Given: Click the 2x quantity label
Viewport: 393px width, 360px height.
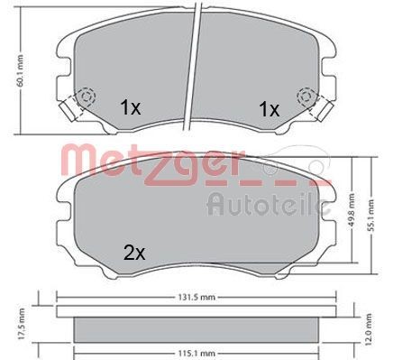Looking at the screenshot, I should click(x=134, y=254).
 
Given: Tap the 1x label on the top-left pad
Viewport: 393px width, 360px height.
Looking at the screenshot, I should click(x=131, y=107).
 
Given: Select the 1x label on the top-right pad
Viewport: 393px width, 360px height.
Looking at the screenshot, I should click(x=269, y=109).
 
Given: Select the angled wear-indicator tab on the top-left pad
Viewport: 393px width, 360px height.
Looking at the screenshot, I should click(x=67, y=114).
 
